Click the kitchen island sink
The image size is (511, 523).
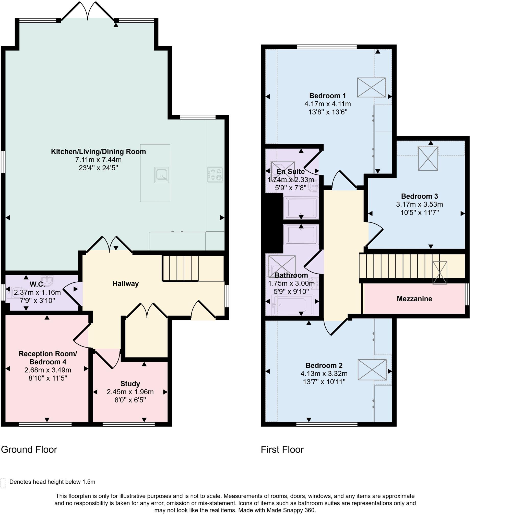161,175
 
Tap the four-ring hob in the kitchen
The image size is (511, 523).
215,174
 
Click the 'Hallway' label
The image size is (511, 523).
125,284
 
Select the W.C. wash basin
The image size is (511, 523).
47,280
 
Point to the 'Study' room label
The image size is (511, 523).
130,384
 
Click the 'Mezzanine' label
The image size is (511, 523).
414,299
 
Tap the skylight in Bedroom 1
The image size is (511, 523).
371,88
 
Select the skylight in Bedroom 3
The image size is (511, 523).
428,159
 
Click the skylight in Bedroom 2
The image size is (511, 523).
372,370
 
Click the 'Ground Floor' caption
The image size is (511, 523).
29,449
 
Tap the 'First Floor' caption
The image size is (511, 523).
282,449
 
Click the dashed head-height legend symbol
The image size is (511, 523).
3,483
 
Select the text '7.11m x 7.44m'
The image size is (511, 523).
98,160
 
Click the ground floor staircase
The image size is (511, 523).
180,268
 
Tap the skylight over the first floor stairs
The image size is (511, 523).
439,273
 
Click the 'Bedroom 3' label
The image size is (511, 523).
420,196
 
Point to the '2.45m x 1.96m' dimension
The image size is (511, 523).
130,392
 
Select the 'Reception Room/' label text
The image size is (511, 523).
48,354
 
